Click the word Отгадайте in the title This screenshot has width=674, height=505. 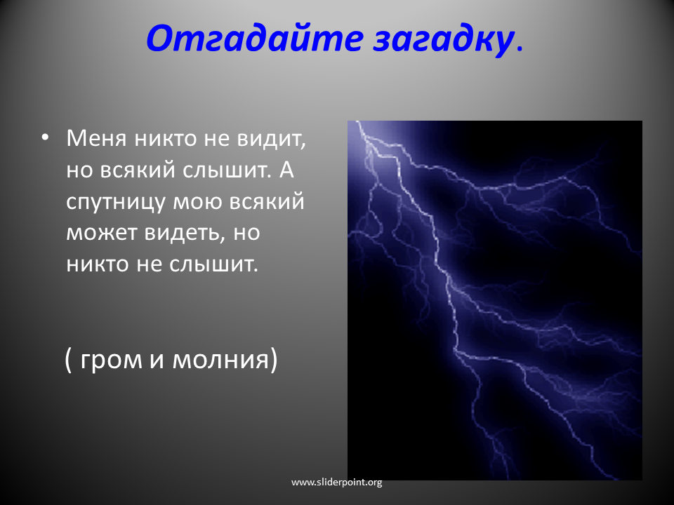pos(254,38)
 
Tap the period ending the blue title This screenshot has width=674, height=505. pos(520,49)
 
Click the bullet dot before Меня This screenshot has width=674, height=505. pos(45,138)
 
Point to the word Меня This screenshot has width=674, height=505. pos(96,138)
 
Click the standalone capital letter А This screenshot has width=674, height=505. pos(286,170)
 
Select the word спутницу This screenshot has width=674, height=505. pos(116,202)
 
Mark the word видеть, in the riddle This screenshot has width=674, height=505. pos(185,233)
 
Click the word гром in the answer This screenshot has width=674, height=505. pos(112,361)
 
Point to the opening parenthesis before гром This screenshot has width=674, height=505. pos(68,359)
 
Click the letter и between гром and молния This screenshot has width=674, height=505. pos(157,360)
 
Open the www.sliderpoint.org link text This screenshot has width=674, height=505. pos(336,483)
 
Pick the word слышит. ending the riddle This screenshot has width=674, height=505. pos(213,264)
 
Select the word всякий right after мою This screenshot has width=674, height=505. pos(267,201)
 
